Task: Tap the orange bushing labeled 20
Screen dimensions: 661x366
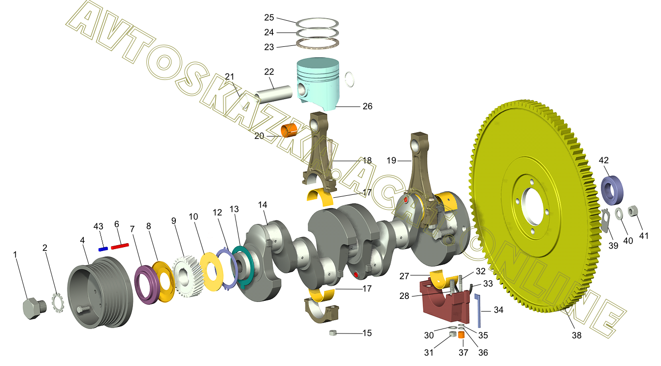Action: point(289,131)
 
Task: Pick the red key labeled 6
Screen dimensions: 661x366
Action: point(120,246)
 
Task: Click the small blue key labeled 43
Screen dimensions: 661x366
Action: point(103,249)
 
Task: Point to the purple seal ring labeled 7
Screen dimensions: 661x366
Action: point(146,285)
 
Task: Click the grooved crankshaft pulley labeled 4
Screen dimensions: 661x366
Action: point(100,293)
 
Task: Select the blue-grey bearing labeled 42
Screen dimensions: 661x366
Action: point(612,190)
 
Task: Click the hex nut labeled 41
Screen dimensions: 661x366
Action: point(632,211)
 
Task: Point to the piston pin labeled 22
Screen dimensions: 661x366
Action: point(273,94)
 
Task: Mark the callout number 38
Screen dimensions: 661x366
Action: point(576,335)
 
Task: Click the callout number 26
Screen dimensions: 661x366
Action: point(367,106)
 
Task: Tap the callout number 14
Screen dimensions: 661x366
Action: point(263,205)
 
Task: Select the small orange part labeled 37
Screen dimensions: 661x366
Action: point(461,335)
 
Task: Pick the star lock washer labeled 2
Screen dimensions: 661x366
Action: point(58,302)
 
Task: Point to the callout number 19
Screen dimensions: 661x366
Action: point(391,160)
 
